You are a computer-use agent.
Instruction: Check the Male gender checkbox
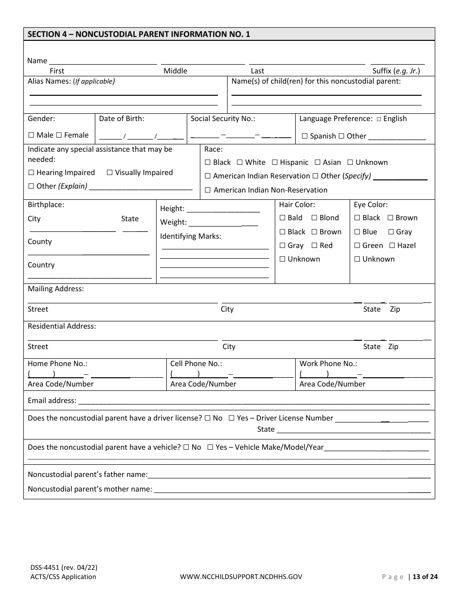[31, 135]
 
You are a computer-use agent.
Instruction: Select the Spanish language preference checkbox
[305, 136]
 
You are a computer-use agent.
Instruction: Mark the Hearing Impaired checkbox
[31, 173]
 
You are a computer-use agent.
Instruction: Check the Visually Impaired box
[109, 173]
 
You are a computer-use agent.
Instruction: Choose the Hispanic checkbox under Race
[275, 162]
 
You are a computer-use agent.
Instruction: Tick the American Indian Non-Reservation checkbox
[208, 190]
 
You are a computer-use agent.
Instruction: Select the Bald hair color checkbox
[283, 218]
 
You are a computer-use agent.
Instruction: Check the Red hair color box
[315, 246]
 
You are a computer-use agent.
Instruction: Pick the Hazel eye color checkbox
[392, 246]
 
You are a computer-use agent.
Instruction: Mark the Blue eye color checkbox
[357, 232]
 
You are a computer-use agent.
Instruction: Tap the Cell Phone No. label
[196, 364]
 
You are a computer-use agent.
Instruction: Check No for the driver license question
[208, 418]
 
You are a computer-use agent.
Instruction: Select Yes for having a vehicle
[211, 447]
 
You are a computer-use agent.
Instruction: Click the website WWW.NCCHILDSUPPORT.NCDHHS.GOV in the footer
[241, 577]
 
